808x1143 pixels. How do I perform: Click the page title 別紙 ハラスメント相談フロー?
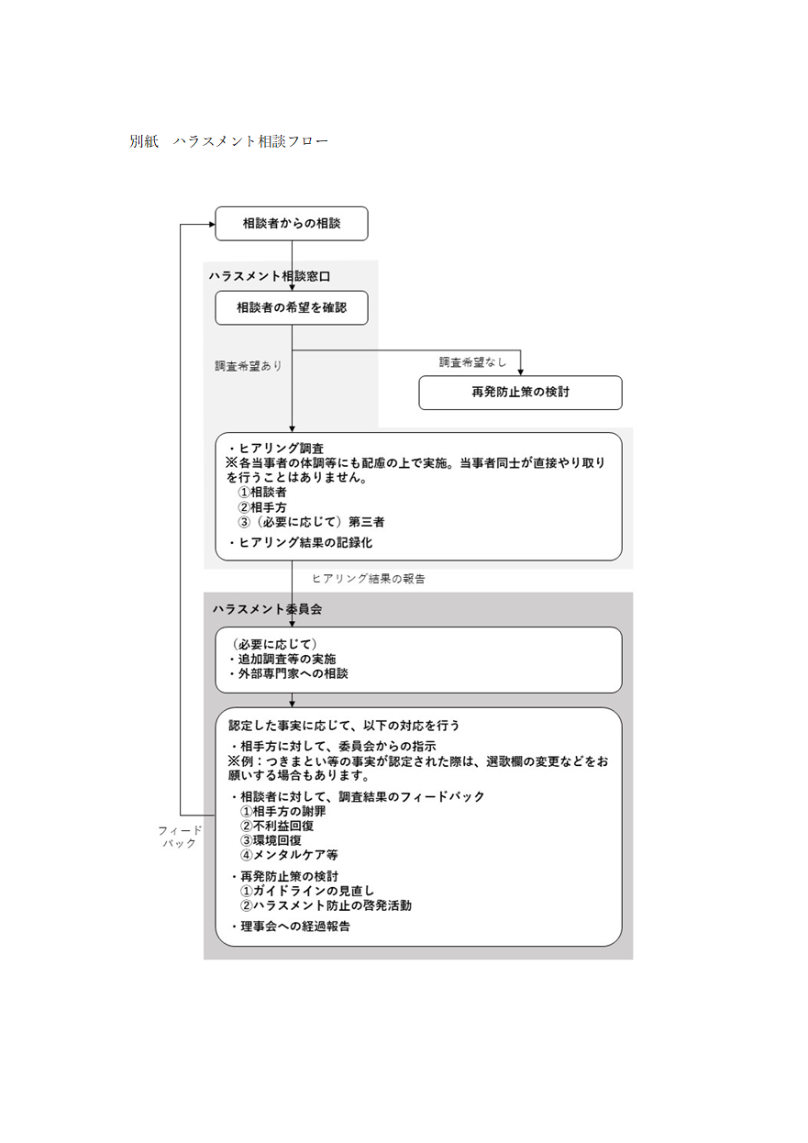click(x=228, y=141)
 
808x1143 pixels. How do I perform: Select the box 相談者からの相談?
click(x=292, y=224)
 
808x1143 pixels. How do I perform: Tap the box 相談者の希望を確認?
click(x=292, y=307)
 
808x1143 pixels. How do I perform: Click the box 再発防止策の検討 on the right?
click(x=520, y=393)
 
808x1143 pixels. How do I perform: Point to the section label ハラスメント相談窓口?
click(x=270, y=276)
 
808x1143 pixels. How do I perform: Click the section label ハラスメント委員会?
click(x=267, y=609)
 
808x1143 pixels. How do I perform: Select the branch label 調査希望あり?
click(x=249, y=366)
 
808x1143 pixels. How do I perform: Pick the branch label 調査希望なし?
click(x=473, y=362)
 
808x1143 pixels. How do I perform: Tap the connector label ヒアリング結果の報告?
click(x=369, y=578)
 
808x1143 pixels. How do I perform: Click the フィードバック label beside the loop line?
click(x=180, y=837)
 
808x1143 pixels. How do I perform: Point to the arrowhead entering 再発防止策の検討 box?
click(x=520, y=372)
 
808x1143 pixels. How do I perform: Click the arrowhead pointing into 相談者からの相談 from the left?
click(x=211, y=224)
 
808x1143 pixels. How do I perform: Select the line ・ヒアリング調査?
click(x=276, y=448)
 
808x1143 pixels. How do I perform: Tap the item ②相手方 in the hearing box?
click(x=262, y=507)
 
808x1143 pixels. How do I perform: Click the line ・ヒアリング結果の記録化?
click(x=300, y=542)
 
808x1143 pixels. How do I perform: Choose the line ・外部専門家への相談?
click(x=288, y=673)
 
